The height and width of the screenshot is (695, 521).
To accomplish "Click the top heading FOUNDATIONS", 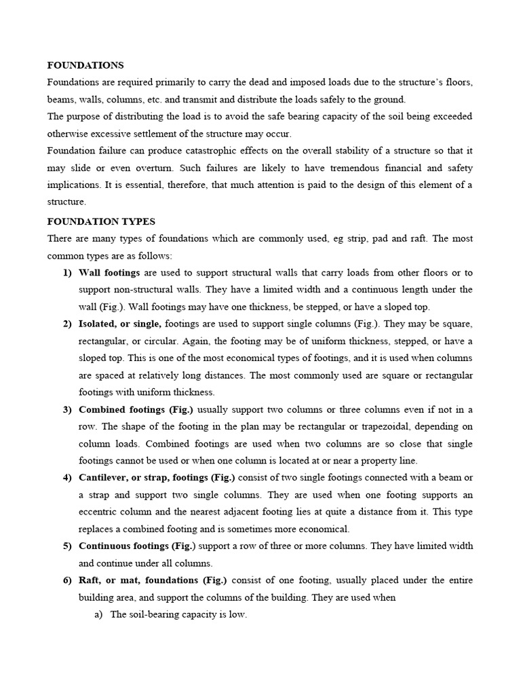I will [85, 65].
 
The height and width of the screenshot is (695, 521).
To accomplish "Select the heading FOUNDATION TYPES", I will [101, 221].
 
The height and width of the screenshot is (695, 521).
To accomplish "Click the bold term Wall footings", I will [109, 273].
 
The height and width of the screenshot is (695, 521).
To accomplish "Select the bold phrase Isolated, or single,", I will [120, 324].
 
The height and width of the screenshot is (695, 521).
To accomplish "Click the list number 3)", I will [67, 409].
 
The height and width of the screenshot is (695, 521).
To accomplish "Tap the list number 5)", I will [67, 546].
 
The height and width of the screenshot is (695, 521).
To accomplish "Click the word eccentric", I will [100, 512].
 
